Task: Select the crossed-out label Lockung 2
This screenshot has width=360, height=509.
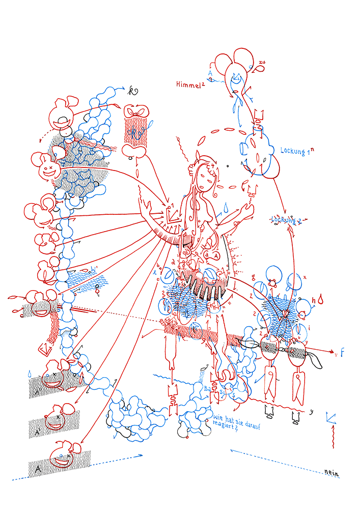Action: point(286,219)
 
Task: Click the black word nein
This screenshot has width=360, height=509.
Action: point(331,473)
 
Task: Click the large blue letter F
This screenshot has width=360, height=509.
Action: point(343,352)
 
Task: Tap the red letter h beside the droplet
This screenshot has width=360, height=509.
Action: point(314,302)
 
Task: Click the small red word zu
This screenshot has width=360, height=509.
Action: point(261,63)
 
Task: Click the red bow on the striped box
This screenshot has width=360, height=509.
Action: point(136,110)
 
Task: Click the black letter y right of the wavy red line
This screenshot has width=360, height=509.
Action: point(311,411)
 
